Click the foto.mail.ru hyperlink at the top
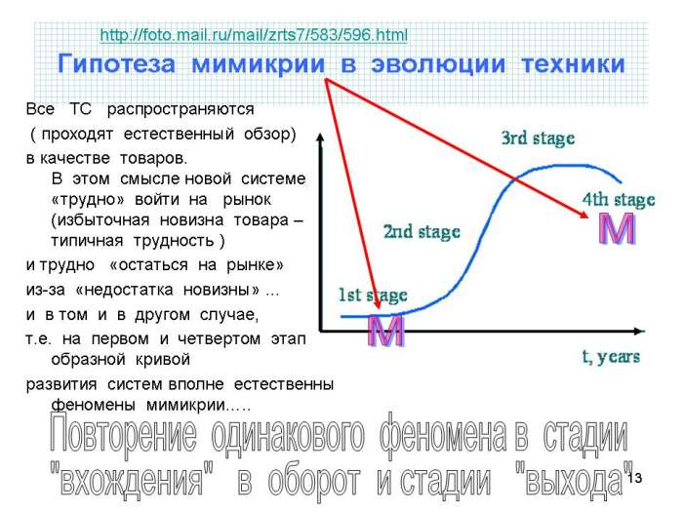coord(254,35)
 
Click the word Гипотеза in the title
coord(116,63)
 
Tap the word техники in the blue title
coord(573,63)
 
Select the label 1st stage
coord(373,295)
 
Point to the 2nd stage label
coord(422,232)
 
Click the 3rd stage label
coord(538,138)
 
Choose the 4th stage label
coord(619,200)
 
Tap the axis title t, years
coord(611,357)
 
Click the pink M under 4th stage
coord(617,228)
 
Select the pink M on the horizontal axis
coord(386,331)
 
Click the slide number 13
coord(634,478)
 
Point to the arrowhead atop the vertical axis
coord(321,137)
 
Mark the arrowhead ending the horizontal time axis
coord(639,332)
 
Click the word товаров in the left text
coord(153,158)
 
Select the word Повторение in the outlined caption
coord(123,435)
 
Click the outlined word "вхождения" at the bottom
coord(132,480)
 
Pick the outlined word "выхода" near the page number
coord(574,479)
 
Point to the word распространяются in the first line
coord(181,109)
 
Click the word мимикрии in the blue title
coord(259,63)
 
